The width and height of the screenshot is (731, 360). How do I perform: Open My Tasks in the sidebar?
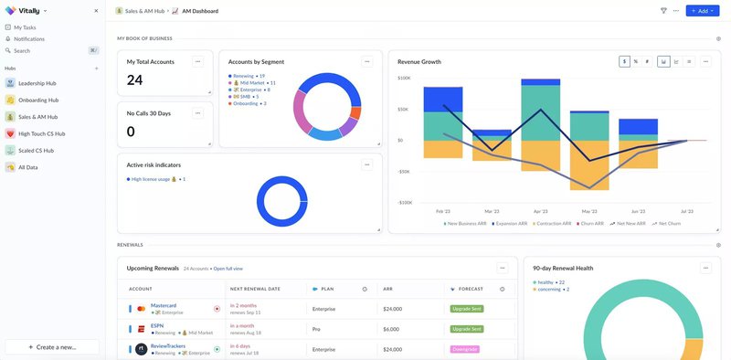(x=31, y=27)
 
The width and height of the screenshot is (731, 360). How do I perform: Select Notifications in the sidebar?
(x=29, y=39)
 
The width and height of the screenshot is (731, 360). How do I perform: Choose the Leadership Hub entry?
(x=37, y=83)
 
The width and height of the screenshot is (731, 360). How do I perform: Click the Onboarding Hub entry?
(x=38, y=100)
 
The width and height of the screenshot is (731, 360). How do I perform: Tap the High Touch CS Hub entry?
(x=42, y=133)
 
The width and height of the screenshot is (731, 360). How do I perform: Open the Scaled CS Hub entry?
(x=36, y=150)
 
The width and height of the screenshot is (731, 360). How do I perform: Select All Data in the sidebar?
(x=27, y=167)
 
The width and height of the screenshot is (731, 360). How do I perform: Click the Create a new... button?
(x=52, y=347)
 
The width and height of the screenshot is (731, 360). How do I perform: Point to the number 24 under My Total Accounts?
(x=135, y=80)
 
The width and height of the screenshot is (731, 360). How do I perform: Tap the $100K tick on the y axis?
(x=404, y=79)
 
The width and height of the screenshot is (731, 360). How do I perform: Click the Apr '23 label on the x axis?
(x=541, y=211)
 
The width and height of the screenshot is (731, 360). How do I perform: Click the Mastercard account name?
(x=164, y=305)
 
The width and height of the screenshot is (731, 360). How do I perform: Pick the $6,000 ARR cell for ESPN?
(x=391, y=329)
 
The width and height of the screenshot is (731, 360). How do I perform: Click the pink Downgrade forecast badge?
(x=465, y=349)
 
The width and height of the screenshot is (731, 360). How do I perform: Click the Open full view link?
(x=228, y=269)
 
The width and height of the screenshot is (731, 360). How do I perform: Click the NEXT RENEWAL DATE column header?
(x=255, y=289)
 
